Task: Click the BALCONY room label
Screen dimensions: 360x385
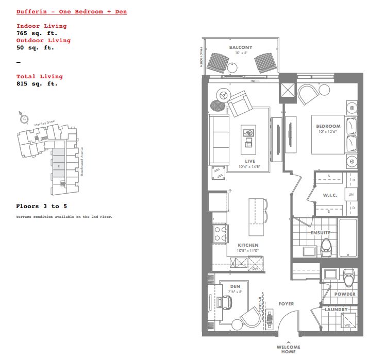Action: pos(241,48)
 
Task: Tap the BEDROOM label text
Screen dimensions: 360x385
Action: pos(328,126)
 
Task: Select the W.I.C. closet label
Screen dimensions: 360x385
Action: pos(329,195)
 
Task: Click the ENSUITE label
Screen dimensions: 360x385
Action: pos(320,233)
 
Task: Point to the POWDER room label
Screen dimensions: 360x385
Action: pos(345,294)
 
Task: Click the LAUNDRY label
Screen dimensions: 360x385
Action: pos(336,310)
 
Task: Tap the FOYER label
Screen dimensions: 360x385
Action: pos(286,304)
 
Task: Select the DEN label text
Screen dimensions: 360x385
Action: pos(235,287)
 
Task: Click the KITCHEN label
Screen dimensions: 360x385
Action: pos(248,245)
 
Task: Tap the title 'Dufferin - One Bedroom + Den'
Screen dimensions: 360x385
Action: pos(72,11)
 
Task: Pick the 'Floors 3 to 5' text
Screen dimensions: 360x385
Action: pos(41,206)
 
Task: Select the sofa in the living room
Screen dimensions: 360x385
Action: pos(218,139)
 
